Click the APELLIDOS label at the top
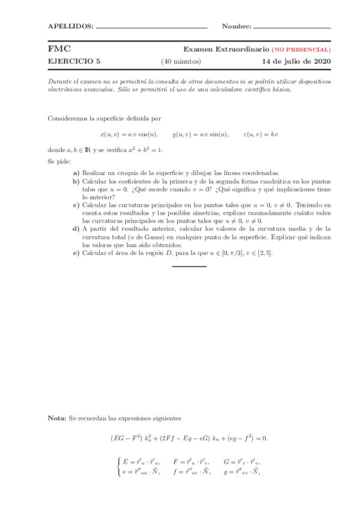[70, 26]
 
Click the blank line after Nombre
[292, 28]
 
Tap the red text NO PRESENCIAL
[301, 49]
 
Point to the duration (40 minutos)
[181, 61]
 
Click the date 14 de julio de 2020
[296, 61]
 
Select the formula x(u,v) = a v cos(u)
[129, 134]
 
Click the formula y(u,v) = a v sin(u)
[201, 134]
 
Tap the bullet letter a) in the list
[76, 173]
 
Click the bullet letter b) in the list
[76, 180]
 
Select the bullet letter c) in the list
[76, 204]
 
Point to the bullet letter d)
[76, 229]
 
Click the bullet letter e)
[76, 253]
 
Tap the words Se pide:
[59, 161]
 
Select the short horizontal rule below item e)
[189, 266]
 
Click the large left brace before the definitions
[118, 467]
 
